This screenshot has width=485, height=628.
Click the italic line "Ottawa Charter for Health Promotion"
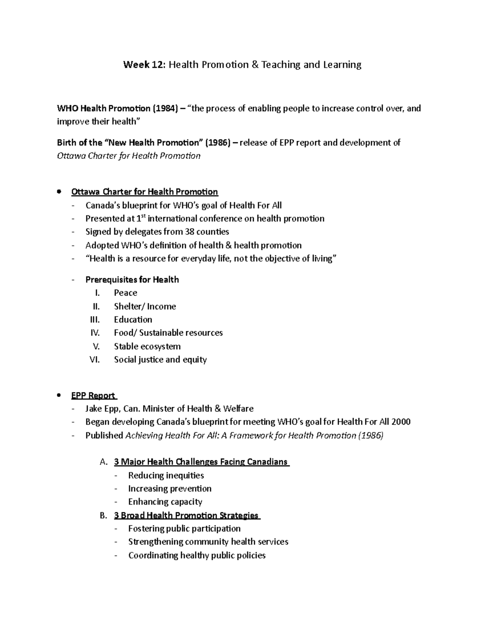129,156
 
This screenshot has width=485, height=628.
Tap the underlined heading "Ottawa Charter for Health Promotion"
144,192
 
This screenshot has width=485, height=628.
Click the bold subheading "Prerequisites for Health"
132,279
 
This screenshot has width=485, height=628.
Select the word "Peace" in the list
125,293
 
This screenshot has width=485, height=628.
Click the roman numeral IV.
95,333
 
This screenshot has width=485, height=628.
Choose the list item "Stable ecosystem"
147,346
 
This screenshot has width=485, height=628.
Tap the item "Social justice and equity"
160,359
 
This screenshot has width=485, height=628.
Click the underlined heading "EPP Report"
93,395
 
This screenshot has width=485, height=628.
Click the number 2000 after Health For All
400,422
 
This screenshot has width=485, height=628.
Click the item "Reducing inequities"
166,476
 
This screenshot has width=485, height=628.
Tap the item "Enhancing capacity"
165,502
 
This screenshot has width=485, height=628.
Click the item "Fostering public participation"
184,529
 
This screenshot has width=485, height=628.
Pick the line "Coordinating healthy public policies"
196,555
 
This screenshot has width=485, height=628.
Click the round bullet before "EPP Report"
59,395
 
